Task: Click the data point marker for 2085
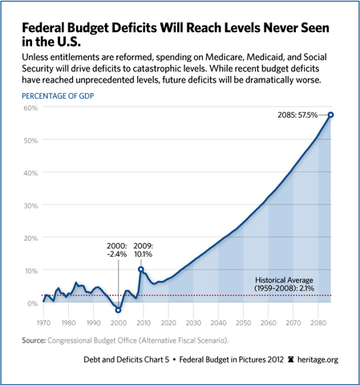tap(330, 115)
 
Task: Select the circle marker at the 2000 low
tap(118, 310)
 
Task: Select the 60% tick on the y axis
tap(30, 107)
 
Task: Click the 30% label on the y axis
tap(30, 205)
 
